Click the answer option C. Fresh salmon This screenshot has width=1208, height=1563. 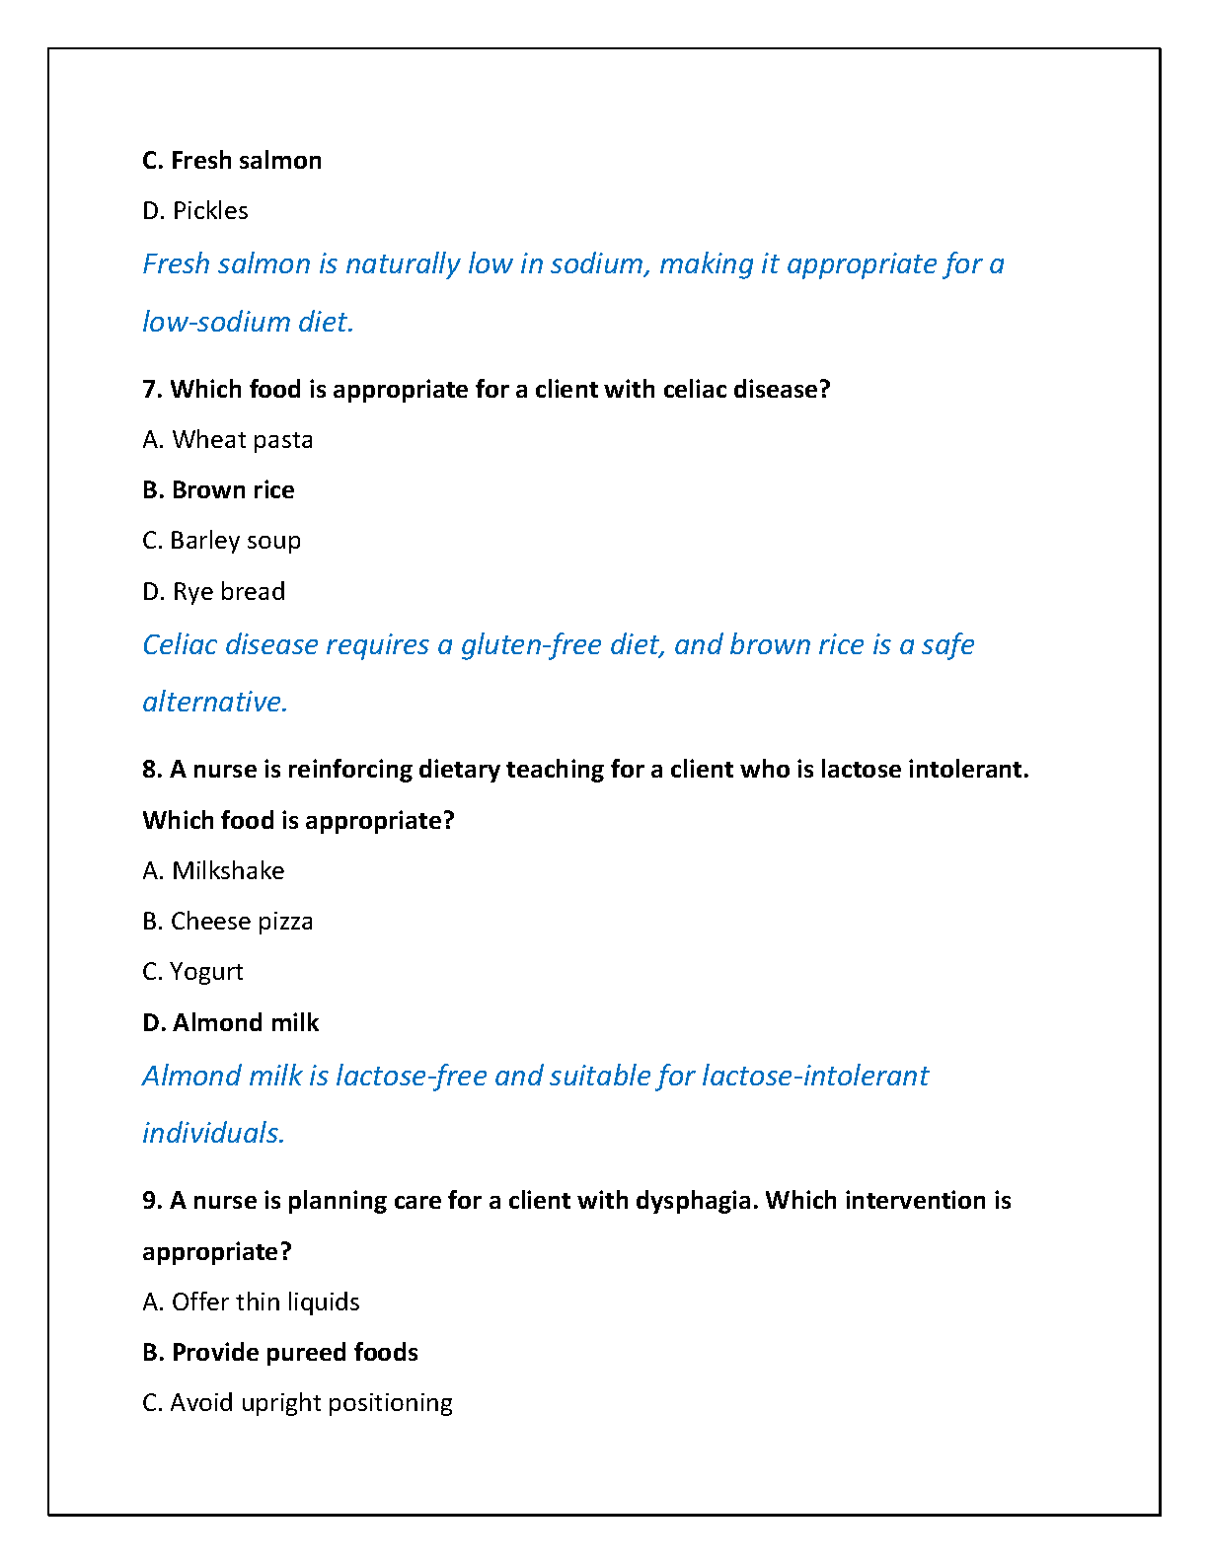point(232,160)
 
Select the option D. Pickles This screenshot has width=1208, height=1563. point(195,210)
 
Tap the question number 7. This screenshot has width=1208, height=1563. point(151,389)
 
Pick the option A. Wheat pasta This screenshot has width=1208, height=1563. point(228,439)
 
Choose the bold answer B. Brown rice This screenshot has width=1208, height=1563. point(218,489)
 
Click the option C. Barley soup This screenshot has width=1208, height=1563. point(222,540)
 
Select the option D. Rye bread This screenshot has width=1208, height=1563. point(214,591)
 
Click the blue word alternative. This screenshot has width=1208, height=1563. point(214,702)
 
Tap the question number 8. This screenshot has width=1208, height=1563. point(151,769)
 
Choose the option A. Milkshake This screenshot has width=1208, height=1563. point(213,870)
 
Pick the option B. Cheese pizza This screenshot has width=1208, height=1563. point(228,921)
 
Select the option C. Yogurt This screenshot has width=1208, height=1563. point(192,971)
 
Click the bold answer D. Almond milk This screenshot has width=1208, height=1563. point(231,1022)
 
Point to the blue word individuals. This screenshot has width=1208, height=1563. point(213,1133)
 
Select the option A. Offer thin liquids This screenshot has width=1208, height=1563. point(251,1302)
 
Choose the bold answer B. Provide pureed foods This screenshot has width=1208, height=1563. point(280,1352)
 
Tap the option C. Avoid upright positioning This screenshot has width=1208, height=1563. point(297,1402)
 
